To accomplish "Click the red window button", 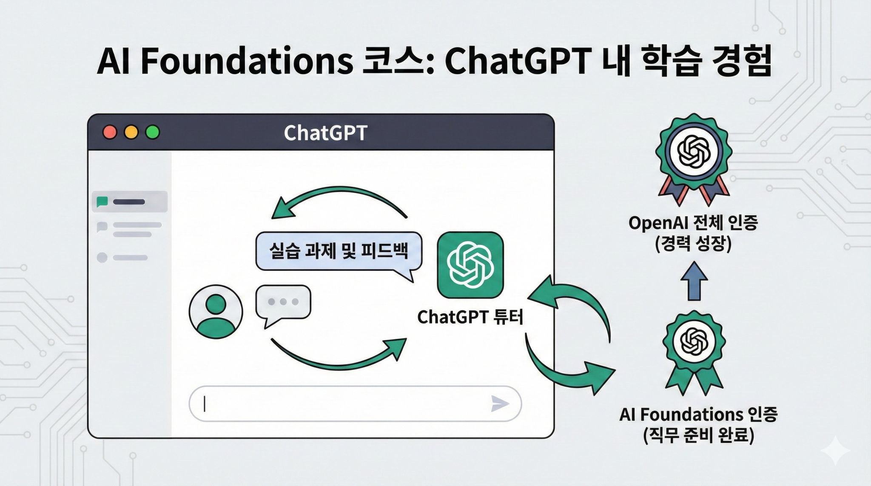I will (x=110, y=132).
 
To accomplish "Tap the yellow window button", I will (x=131, y=132).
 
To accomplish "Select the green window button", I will (x=152, y=132).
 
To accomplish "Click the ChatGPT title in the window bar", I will (x=325, y=133).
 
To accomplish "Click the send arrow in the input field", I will (x=500, y=404).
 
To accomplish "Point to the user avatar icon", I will (x=216, y=312).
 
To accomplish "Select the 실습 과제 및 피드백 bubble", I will (x=339, y=251).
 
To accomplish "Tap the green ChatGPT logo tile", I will (x=470, y=265).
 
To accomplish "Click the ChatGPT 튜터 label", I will (x=470, y=317).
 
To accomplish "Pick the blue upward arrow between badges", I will (x=694, y=281).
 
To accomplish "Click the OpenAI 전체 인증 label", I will (x=693, y=223).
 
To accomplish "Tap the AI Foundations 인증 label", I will (x=698, y=415).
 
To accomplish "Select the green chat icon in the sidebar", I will (x=102, y=202).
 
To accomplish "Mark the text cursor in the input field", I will (x=205, y=404).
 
